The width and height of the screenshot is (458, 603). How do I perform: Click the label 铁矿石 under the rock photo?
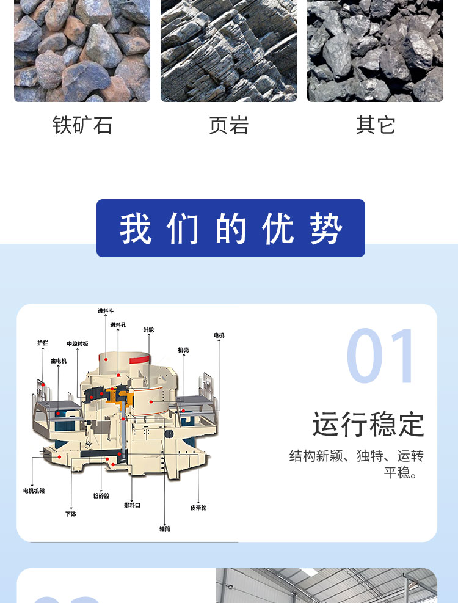click(82, 125)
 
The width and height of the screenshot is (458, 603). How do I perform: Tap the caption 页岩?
click(229, 125)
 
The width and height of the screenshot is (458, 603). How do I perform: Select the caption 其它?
click(376, 125)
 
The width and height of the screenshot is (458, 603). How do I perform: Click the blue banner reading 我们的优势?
click(231, 228)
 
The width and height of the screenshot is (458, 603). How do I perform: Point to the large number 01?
click(380, 356)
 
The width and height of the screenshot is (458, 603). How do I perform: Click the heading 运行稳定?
click(368, 424)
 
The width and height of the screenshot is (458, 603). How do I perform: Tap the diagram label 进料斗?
click(106, 311)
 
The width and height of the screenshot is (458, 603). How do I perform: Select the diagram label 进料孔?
click(118, 325)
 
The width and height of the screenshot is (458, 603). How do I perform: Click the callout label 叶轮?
click(149, 330)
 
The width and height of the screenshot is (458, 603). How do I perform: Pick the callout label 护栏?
click(43, 343)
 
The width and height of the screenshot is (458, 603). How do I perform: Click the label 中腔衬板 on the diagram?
click(78, 344)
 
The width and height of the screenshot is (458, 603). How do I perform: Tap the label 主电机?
click(59, 360)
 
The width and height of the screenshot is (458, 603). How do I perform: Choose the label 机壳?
click(183, 350)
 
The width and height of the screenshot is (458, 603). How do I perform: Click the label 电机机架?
click(34, 491)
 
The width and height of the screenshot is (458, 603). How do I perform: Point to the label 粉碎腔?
click(101, 495)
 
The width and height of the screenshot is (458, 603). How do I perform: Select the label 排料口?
click(132, 505)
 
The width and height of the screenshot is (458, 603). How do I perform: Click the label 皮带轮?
click(198, 508)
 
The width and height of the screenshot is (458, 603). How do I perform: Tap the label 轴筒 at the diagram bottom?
click(165, 529)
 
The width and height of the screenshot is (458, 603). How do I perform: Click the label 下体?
click(71, 514)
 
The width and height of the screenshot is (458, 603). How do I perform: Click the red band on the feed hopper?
click(139, 360)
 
